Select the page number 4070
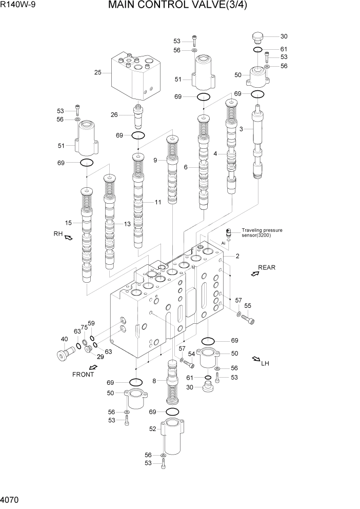(11, 499)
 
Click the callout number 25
(97, 72)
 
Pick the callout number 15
(68, 222)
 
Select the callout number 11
(157, 202)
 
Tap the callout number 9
(155, 160)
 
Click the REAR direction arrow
(254, 274)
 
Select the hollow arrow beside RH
(69, 237)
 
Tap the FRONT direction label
(83, 374)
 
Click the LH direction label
(265, 364)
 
